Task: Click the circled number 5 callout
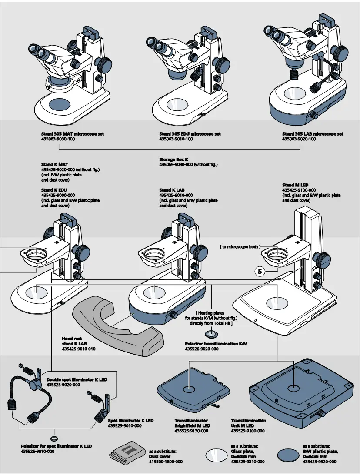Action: pos(260,272)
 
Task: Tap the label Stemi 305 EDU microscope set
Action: pos(190,134)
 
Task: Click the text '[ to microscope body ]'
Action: pos(240,247)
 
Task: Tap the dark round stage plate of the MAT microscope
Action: pos(62,103)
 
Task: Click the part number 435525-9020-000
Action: pos(63,385)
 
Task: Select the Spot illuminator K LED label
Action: pos(130,421)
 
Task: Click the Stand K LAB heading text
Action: pos(172,190)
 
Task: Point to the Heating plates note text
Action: pos(211,318)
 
